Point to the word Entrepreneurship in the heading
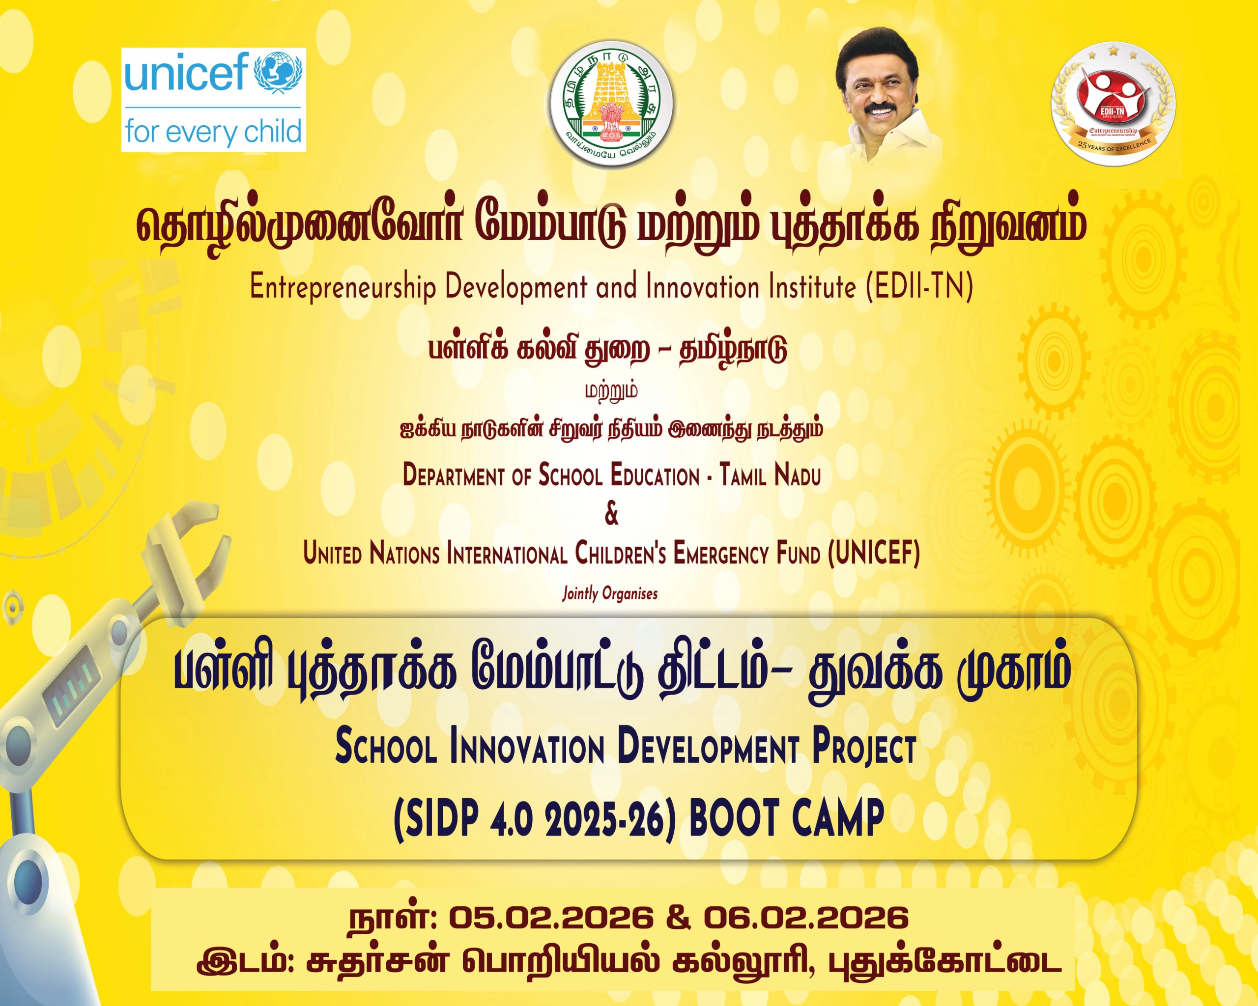click(x=343, y=287)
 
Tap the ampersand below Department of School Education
click(x=611, y=514)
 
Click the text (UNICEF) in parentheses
click(x=874, y=553)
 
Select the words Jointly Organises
click(x=610, y=594)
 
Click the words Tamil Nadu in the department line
click(x=770, y=475)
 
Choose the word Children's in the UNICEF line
click(x=621, y=553)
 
